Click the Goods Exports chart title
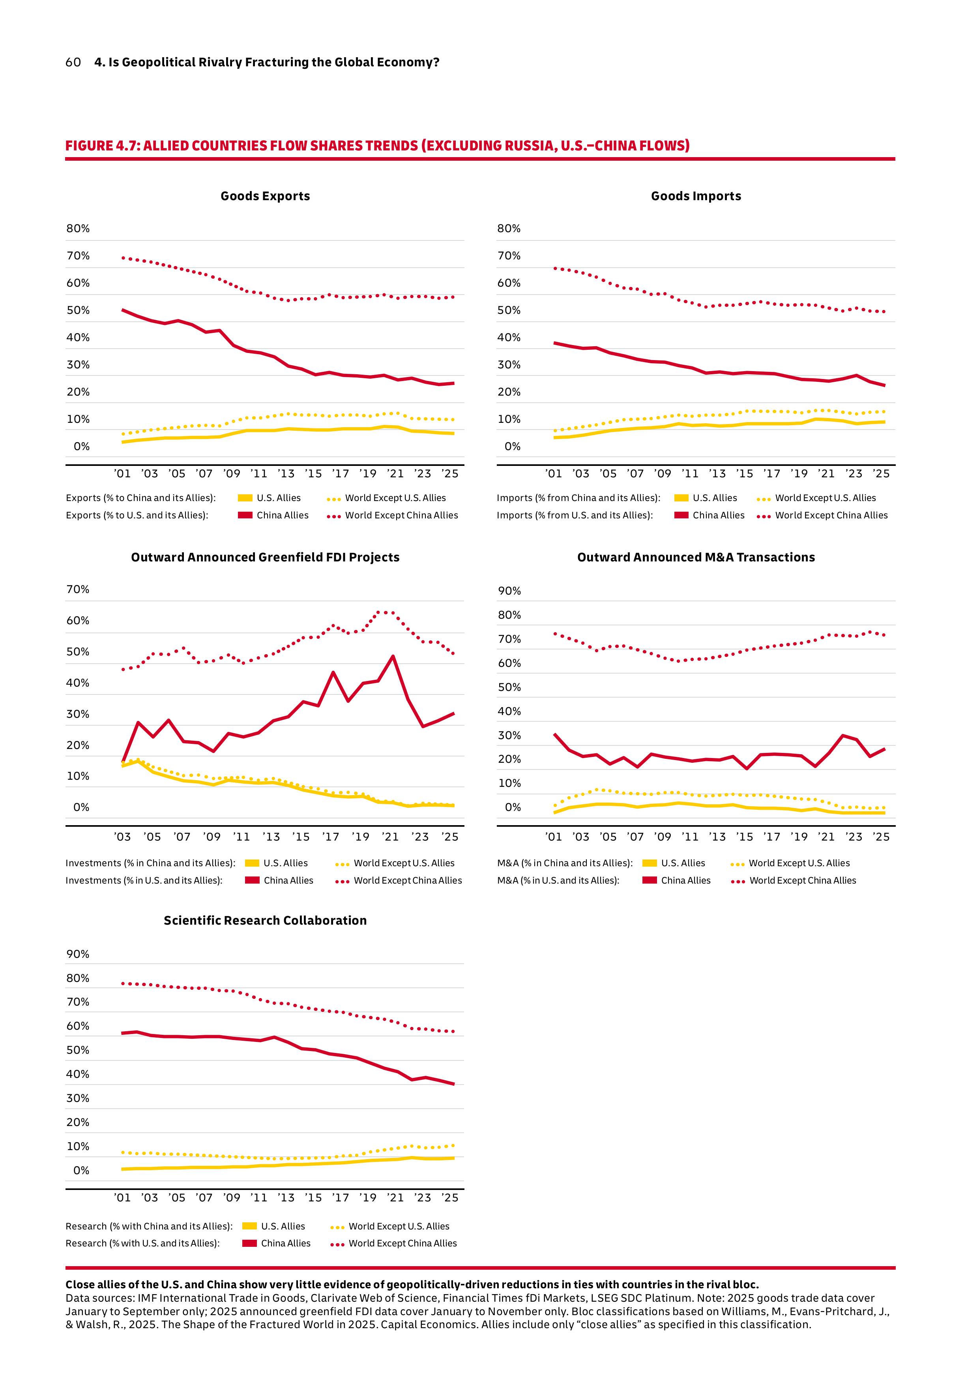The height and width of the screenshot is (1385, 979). pos(265,196)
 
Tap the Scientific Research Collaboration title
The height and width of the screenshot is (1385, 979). pos(265,921)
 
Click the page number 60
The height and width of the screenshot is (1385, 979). pos(73,62)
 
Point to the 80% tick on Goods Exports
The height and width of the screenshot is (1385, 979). pos(78,229)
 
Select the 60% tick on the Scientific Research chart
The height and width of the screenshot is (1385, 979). pos(78,1026)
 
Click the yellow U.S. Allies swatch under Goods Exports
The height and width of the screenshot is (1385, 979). pos(245,498)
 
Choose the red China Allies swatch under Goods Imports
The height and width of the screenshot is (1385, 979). pos(681,515)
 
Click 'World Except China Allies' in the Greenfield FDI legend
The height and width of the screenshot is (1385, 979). pos(408,881)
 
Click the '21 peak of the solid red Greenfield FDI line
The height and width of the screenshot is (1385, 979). pos(393,656)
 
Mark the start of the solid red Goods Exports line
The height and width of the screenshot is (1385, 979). pos(123,310)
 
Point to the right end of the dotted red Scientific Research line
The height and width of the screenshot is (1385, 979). pos(453,1032)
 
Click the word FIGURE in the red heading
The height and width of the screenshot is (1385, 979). pos(89,146)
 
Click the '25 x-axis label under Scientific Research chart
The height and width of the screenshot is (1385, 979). pos(450,1197)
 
